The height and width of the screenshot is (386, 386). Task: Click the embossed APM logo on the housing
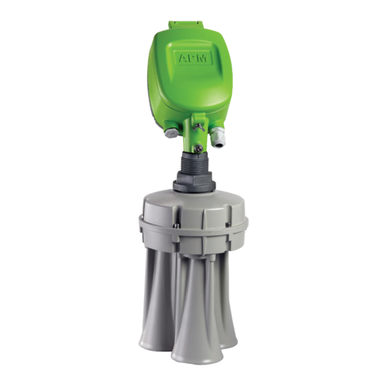[x=193, y=58]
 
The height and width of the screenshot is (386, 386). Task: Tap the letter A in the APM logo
[x=183, y=59]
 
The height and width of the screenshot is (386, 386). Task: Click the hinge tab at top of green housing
[x=186, y=26]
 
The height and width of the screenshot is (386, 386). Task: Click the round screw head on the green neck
[x=199, y=148]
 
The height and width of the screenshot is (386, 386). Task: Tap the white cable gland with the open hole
[x=217, y=137]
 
